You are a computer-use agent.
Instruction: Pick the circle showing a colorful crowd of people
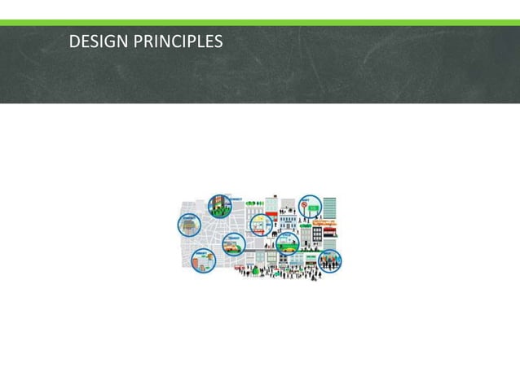pyautogui.click(x=330, y=260)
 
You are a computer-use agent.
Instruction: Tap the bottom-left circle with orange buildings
pyautogui.click(x=201, y=260)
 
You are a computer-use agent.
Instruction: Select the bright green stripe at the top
pyautogui.click(x=260, y=23)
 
